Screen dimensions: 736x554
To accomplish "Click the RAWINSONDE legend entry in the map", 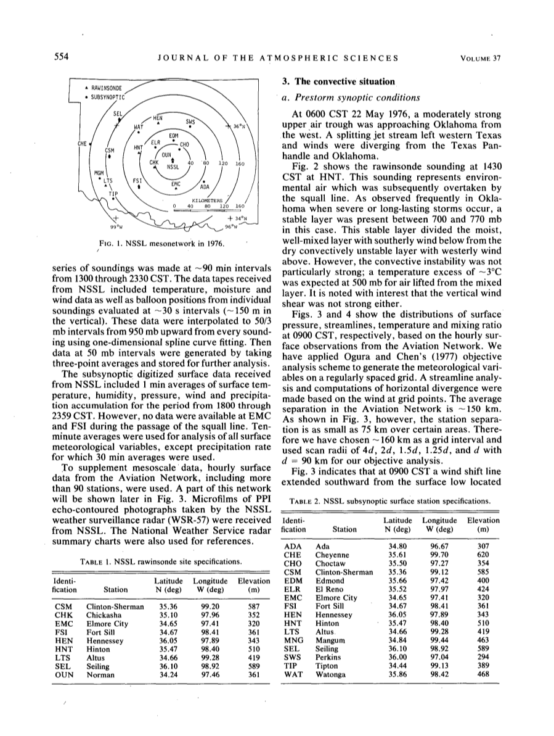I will [x=105, y=88].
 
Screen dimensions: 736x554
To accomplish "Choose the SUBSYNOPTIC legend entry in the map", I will [x=107, y=96].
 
